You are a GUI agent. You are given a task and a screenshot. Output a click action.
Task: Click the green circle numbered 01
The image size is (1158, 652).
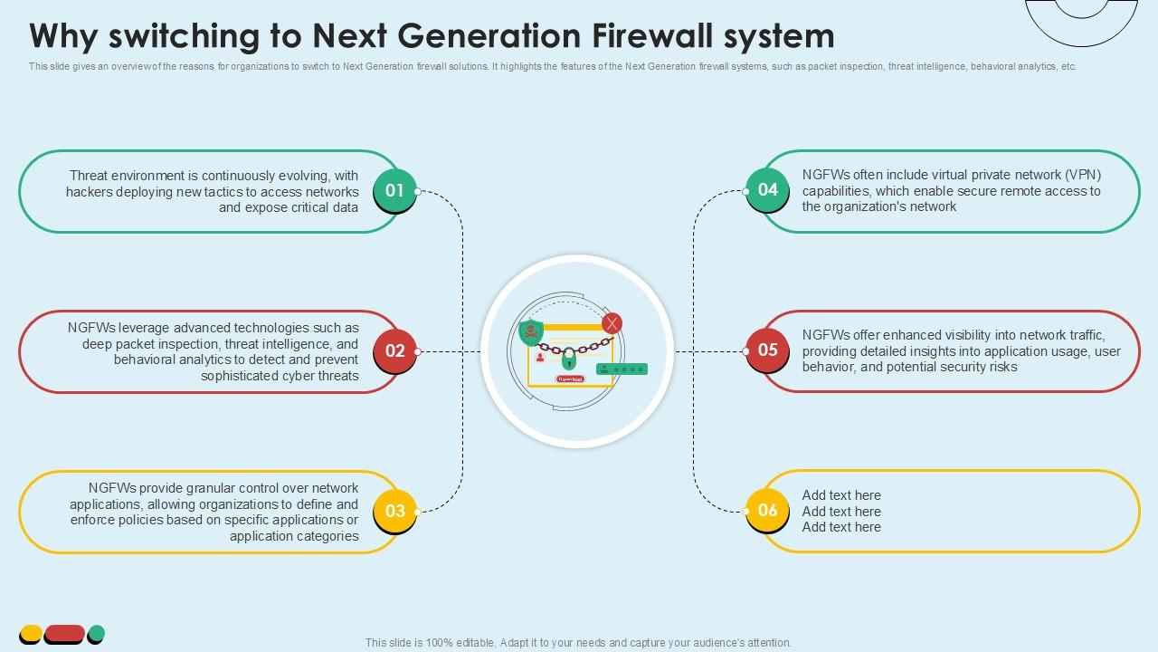coord(394,190)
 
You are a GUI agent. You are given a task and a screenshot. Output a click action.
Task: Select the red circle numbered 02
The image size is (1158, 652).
coord(395,350)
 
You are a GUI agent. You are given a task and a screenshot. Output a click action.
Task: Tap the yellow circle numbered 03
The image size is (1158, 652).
coord(395,511)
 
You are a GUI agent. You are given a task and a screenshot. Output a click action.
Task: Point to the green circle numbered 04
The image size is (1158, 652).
coord(767,189)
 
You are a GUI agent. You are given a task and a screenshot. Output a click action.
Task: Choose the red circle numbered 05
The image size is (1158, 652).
coord(767,350)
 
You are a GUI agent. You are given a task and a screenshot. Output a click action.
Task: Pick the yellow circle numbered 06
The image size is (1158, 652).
coord(767,510)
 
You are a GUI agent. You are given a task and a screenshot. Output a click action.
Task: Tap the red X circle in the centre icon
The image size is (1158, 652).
coord(612,323)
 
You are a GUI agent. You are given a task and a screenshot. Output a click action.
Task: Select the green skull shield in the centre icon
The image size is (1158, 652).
coord(532,332)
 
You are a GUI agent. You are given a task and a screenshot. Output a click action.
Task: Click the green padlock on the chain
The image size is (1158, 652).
coord(568,357)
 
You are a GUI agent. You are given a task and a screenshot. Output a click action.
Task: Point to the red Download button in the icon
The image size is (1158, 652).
coord(571,379)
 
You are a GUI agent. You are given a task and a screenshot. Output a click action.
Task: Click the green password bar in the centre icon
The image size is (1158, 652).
coord(622,369)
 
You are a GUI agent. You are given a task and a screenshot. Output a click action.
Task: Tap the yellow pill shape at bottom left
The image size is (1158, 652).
coord(31,634)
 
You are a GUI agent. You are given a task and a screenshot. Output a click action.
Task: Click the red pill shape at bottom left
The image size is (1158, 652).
coord(64,634)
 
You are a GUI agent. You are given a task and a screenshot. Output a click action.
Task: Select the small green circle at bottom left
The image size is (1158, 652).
coord(96,634)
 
